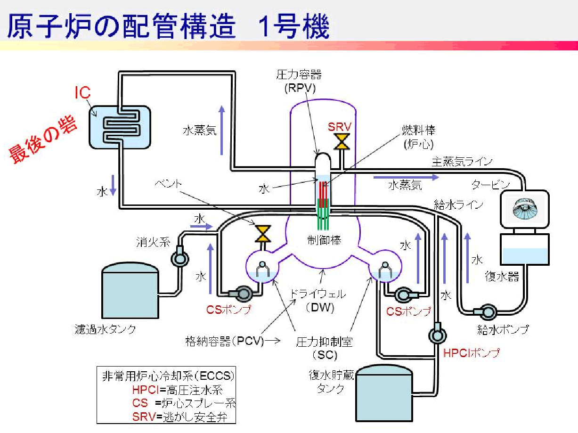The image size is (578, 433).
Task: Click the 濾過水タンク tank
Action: point(130,291)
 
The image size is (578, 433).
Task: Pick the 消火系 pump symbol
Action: point(179,257)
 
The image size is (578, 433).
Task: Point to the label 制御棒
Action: point(322,239)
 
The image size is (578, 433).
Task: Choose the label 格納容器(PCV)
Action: point(224,341)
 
